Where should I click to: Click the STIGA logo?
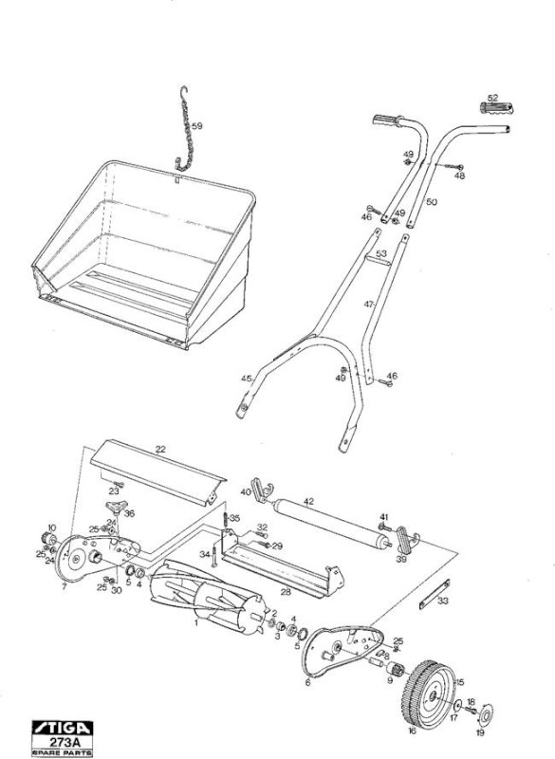tap(63, 728)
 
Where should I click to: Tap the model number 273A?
tap(63, 742)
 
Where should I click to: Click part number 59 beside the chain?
tap(197, 126)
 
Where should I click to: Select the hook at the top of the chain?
tap(184, 92)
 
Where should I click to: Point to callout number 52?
tap(492, 98)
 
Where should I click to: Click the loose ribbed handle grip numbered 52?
tap(496, 108)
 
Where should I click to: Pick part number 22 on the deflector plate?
tap(160, 449)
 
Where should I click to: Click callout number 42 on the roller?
tap(308, 502)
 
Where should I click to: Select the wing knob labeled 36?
tap(114, 508)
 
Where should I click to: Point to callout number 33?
tap(443, 601)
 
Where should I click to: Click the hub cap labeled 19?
tap(485, 713)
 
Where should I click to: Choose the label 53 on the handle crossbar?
tap(381, 253)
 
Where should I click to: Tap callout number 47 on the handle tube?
tap(369, 305)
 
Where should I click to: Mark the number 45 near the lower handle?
tap(247, 379)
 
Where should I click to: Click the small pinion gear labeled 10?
tap(47, 538)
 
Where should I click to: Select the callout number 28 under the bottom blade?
tap(287, 591)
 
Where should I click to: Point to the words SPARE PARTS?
tap(63, 752)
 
